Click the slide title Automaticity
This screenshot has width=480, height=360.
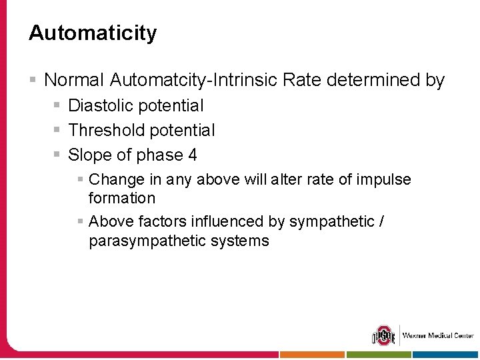click(x=93, y=33)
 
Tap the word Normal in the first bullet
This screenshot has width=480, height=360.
click(x=74, y=81)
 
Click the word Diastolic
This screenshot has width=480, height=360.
click(x=99, y=105)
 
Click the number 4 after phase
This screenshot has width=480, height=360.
click(x=193, y=155)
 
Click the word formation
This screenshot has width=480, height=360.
click(x=122, y=198)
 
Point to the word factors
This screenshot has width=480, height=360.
click(x=165, y=221)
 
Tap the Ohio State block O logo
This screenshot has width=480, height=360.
click(x=383, y=335)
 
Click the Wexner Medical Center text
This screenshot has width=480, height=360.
click(x=437, y=335)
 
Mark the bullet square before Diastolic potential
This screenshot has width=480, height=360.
click(x=59, y=105)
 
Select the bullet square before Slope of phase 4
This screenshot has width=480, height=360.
click(x=59, y=155)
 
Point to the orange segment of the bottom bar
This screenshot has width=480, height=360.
click(x=312, y=355)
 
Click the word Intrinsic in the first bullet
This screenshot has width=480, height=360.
click(x=245, y=81)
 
